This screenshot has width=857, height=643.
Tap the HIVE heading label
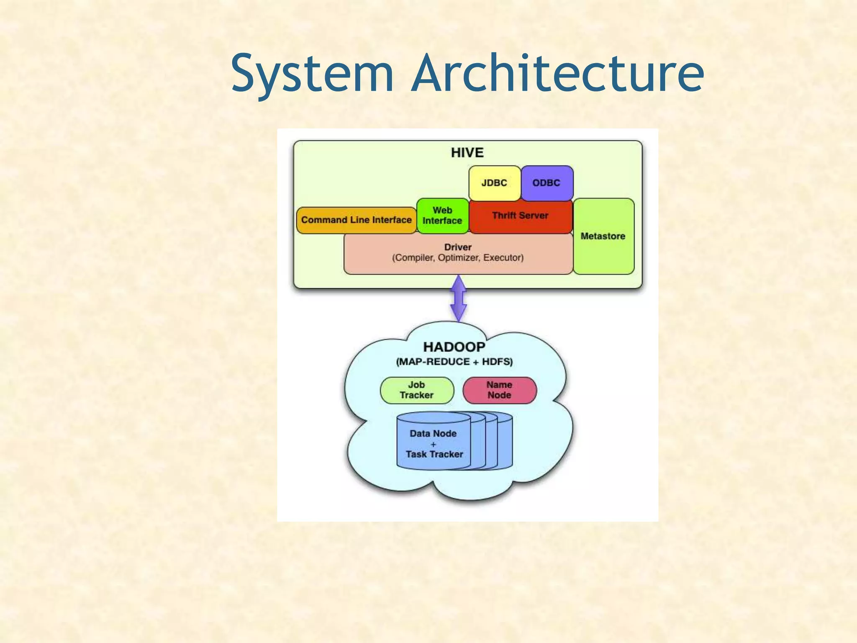[467, 153]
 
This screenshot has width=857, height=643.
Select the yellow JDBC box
[494, 183]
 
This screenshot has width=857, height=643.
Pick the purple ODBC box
[547, 183]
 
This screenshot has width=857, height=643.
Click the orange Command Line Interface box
[356, 220]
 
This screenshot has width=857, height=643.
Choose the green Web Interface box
[442, 216]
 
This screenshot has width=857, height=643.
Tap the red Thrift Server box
[520, 216]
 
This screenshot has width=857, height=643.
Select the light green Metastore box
[603, 237]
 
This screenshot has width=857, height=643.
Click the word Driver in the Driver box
[458, 247]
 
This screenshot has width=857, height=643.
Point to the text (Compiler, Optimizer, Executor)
[458, 258]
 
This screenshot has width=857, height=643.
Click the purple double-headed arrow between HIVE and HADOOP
[459, 298]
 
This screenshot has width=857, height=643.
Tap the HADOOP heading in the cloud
[454, 347]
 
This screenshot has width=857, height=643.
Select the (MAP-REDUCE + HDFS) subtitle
[454, 362]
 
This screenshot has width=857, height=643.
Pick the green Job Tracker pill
[417, 390]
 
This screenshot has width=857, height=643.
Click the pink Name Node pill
[499, 390]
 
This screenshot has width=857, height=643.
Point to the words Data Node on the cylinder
[433, 434]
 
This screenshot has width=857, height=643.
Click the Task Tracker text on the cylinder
[434, 455]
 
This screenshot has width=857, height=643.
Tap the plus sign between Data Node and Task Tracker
[433, 445]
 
